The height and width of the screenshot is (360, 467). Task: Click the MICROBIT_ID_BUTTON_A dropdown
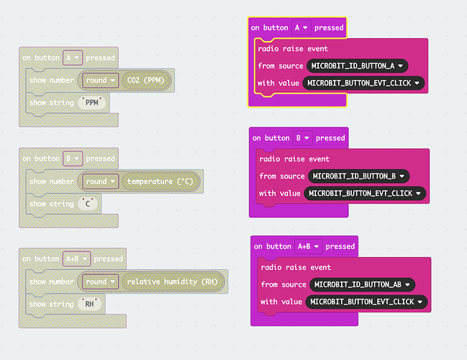(357, 66)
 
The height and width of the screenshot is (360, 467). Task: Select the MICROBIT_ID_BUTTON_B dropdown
(358, 176)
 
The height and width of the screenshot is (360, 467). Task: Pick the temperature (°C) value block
(160, 181)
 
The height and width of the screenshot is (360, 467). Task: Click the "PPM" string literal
(91, 103)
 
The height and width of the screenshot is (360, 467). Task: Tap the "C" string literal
(89, 204)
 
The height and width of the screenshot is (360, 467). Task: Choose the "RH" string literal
(90, 304)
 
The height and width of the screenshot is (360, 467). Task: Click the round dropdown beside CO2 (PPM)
(99, 81)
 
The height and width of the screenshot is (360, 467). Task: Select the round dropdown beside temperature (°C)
(99, 181)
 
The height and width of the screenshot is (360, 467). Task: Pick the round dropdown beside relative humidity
(99, 282)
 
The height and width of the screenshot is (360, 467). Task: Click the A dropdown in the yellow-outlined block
(301, 27)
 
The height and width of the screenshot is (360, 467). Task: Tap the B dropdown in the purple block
(302, 138)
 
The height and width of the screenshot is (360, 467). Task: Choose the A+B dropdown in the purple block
(307, 246)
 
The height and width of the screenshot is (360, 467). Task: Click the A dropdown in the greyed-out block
(72, 58)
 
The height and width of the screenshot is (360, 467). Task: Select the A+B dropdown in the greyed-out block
(76, 258)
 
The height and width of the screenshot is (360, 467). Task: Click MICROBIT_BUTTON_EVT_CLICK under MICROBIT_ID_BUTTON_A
(364, 83)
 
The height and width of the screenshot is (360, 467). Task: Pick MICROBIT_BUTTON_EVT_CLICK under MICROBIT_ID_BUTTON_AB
(367, 302)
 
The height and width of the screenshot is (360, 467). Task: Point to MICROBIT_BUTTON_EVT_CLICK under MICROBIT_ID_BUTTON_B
(366, 193)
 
